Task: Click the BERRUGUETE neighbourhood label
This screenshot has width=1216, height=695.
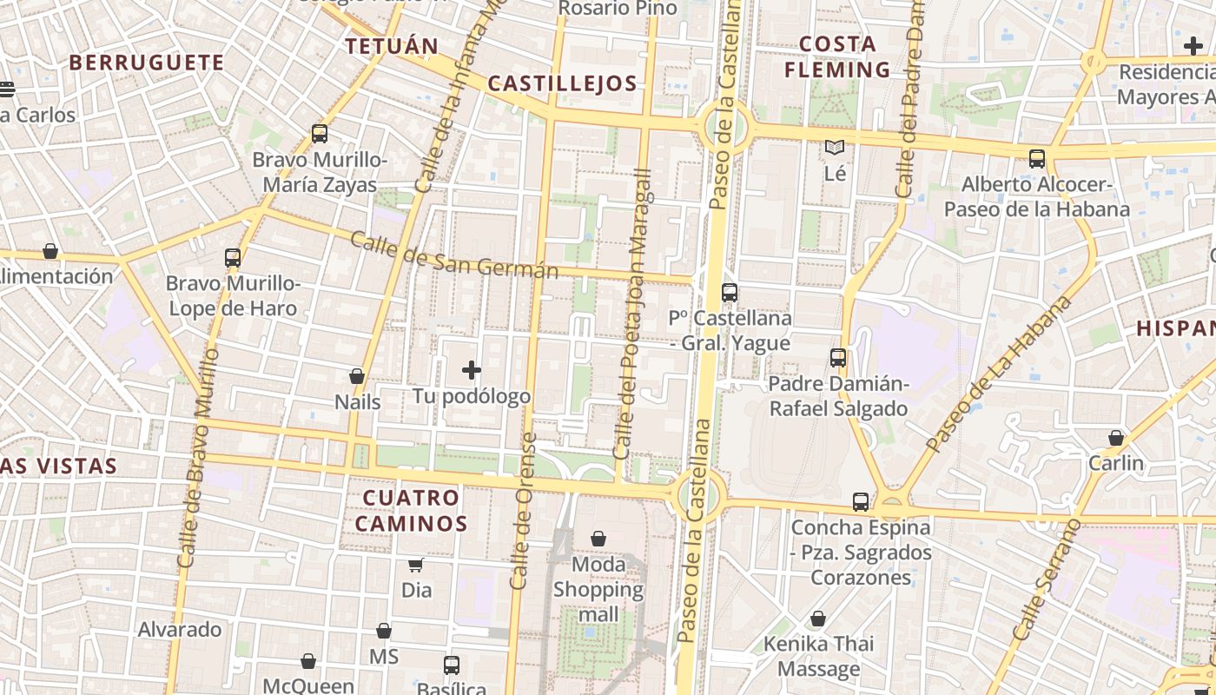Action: [146, 63]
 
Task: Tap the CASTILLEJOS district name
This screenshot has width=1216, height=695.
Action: [563, 83]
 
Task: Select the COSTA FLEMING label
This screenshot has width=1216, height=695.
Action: [837, 56]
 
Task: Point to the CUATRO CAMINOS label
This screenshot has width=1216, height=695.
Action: [411, 511]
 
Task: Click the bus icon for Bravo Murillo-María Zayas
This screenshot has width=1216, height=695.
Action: [320, 134]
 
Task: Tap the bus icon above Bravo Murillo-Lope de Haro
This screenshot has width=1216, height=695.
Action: [233, 257]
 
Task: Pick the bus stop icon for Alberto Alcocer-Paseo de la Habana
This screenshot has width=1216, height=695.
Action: [1037, 158]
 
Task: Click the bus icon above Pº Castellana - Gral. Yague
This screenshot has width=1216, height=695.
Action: [730, 293]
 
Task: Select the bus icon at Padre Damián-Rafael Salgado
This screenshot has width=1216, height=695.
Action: [838, 357]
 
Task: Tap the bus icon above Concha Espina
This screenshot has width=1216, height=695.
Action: [861, 501]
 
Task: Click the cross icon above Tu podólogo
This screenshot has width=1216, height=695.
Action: [472, 371]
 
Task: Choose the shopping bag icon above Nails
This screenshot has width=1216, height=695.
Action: [357, 376]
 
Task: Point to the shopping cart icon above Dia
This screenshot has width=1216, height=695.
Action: [416, 565]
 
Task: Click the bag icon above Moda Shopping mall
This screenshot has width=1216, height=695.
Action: [598, 539]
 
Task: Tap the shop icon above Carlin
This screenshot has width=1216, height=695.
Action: [1116, 438]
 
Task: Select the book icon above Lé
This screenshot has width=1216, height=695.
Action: [835, 148]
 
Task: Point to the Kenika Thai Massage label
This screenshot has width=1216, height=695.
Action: [817, 656]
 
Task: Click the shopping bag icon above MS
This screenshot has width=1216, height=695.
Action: [383, 631]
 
